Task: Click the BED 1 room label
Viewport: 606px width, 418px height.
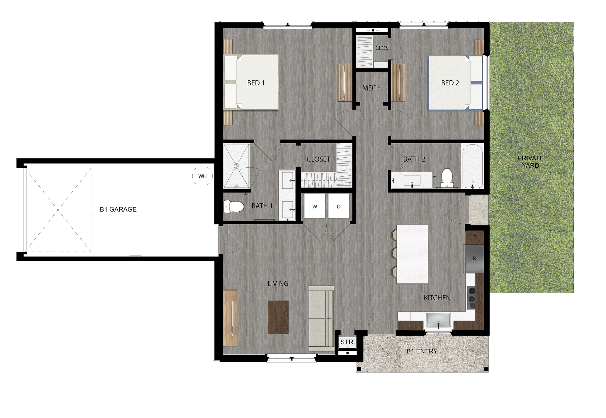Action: pyautogui.click(x=256, y=83)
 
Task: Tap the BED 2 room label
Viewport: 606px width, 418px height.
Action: pyautogui.click(x=450, y=83)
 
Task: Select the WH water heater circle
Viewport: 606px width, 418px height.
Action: pyautogui.click(x=202, y=176)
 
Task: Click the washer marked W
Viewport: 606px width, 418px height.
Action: pyautogui.click(x=315, y=206)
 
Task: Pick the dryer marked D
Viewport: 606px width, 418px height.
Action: pyautogui.click(x=339, y=206)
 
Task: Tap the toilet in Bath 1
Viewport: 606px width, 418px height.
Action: pyautogui.click(x=234, y=207)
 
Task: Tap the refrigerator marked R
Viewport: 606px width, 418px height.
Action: pyautogui.click(x=474, y=258)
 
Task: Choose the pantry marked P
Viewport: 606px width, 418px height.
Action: pyautogui.click(x=475, y=237)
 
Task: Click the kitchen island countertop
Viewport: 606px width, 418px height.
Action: pyautogui.click(x=412, y=254)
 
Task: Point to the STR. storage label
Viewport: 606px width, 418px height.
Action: pyautogui.click(x=347, y=342)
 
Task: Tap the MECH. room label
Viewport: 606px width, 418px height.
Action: pyautogui.click(x=372, y=88)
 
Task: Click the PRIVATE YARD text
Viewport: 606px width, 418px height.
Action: pyautogui.click(x=530, y=162)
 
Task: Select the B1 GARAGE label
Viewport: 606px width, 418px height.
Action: pyautogui.click(x=118, y=209)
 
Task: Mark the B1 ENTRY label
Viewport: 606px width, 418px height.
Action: pyautogui.click(x=422, y=351)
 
